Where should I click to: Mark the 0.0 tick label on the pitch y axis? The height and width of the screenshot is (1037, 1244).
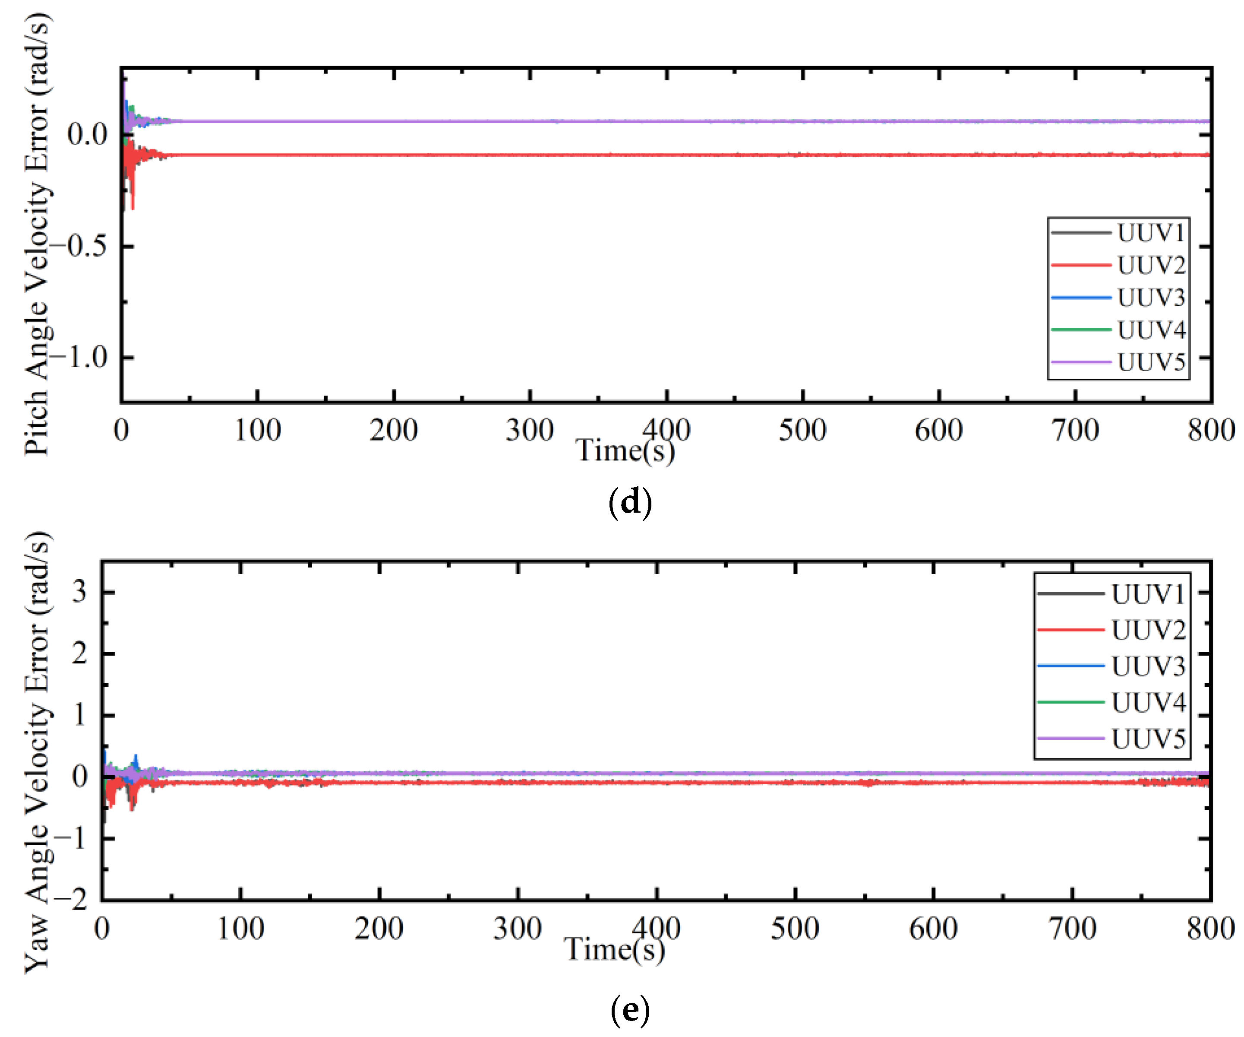pyautogui.click(x=87, y=134)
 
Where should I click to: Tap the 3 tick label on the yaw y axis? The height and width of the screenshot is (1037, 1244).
pyautogui.click(x=79, y=592)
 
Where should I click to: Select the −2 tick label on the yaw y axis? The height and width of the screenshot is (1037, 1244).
pyautogui.click(x=71, y=900)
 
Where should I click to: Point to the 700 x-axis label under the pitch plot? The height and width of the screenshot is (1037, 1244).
pyautogui.click(x=1075, y=430)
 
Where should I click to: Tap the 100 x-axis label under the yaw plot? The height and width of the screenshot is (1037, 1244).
pyautogui.click(x=240, y=929)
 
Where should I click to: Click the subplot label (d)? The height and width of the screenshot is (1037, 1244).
pyautogui.click(x=630, y=502)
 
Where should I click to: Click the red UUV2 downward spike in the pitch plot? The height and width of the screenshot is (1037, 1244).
pyautogui.click(x=132, y=196)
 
